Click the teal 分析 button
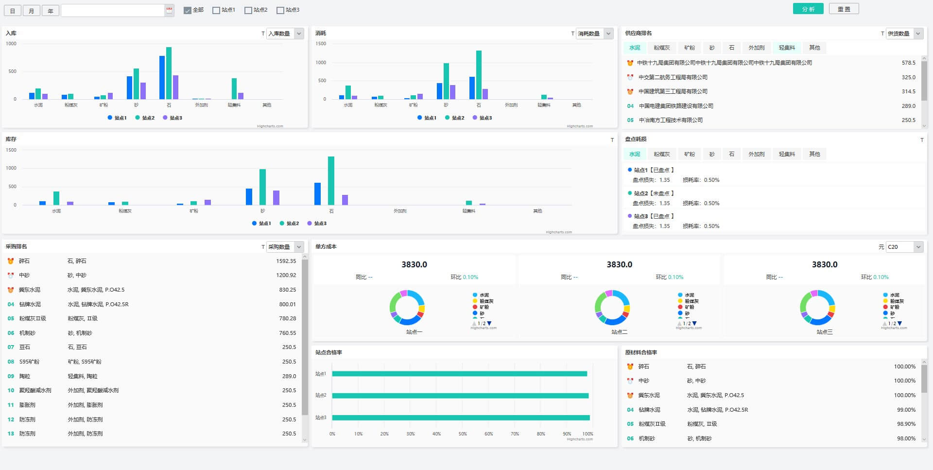808,9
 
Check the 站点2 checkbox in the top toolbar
248,10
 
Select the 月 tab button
32,11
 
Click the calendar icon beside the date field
169,10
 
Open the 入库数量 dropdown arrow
299,34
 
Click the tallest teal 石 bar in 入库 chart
169,73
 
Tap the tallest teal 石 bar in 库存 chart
331,180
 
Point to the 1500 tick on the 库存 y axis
11,150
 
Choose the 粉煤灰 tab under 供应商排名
661,48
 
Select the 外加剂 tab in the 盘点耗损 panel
756,154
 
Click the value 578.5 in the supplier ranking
908,63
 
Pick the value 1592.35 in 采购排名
286,261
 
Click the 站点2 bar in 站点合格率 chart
460,396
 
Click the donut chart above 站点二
612,308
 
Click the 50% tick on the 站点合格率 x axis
463,434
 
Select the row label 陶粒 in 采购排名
25,376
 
